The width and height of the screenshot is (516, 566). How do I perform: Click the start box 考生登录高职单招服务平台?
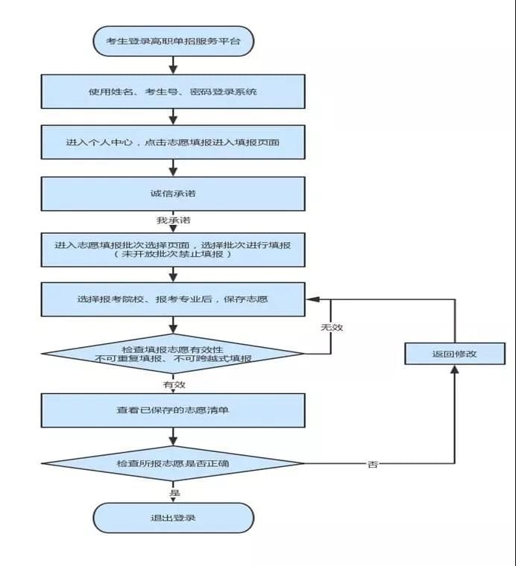point(172,39)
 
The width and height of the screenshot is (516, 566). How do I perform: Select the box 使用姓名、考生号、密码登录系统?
point(172,92)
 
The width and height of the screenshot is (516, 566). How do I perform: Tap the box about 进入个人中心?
point(172,141)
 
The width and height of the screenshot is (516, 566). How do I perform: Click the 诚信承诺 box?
point(172,194)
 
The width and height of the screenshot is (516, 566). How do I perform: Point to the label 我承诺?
point(172,221)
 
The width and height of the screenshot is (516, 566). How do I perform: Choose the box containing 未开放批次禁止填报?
point(172,249)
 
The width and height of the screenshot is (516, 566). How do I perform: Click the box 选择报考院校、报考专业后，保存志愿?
point(172,299)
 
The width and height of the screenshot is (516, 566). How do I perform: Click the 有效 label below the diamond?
point(174,384)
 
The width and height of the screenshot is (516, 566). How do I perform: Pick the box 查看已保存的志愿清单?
point(172,410)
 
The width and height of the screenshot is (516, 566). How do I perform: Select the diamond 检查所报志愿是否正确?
point(172,463)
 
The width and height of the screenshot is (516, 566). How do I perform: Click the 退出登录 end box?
point(172,518)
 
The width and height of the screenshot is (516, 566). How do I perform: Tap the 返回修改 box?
point(453,354)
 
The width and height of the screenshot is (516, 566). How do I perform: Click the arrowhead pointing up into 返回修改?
point(453,371)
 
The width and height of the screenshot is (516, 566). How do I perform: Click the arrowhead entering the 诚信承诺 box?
point(173,172)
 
